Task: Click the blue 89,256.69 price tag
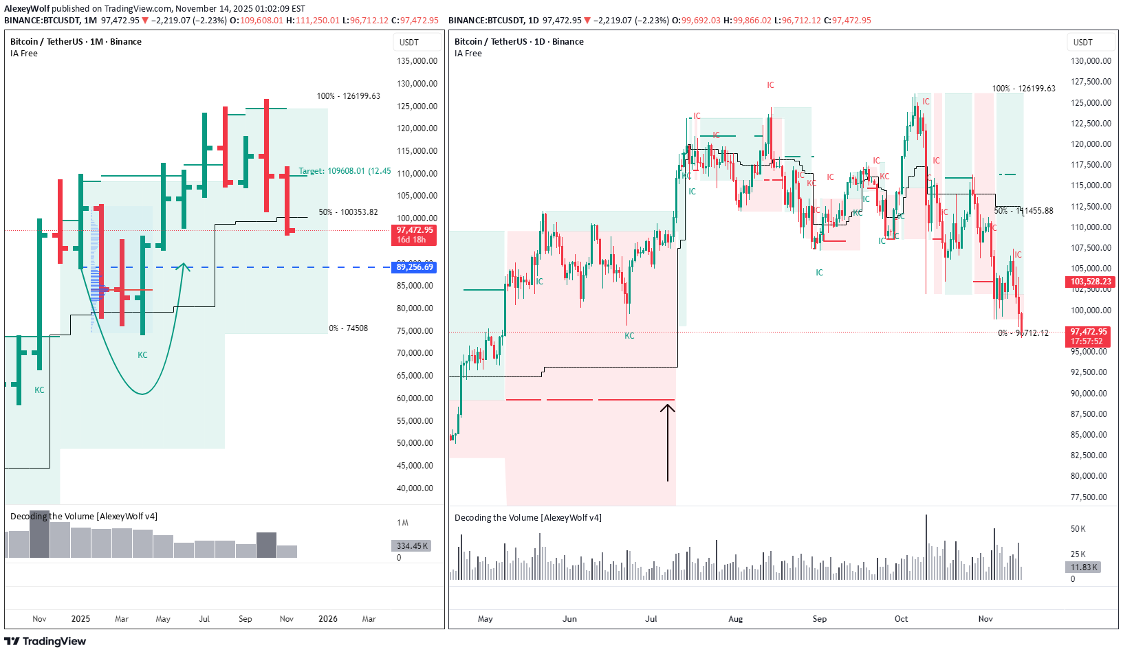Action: [x=415, y=267]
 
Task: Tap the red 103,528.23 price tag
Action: [x=1091, y=282]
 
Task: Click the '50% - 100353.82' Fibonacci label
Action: [x=348, y=212]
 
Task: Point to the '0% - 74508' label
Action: [x=348, y=328]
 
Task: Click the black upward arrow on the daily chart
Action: [x=667, y=440]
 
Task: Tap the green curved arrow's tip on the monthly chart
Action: [x=184, y=265]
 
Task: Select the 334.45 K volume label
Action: [x=412, y=546]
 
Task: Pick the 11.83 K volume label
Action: [x=1084, y=567]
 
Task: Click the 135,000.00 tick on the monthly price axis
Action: [x=417, y=61]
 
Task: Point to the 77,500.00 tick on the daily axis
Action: [x=1090, y=497]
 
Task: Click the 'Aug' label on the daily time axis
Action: [x=735, y=619]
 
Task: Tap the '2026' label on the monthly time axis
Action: [x=327, y=619]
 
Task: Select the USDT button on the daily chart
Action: [x=1082, y=43]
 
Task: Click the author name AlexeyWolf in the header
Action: [x=27, y=9]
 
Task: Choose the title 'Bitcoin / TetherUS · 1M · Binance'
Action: [x=76, y=42]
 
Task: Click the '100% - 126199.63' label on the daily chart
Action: [x=1023, y=89]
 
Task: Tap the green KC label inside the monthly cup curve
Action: [x=142, y=355]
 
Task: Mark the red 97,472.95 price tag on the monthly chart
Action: [x=415, y=235]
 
